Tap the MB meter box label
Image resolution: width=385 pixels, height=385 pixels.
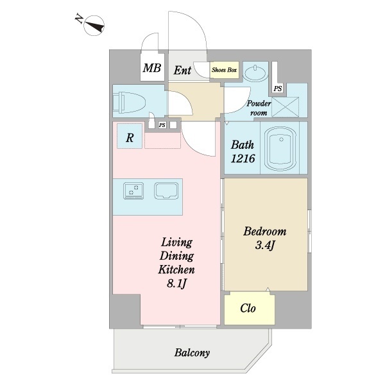coord(152,68)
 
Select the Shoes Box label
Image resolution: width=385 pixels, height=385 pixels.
coord(224,70)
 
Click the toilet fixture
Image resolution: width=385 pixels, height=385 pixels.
coord(130,102)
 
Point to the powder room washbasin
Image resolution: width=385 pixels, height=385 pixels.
coord(255,73)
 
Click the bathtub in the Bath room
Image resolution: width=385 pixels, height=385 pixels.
coord(281,149)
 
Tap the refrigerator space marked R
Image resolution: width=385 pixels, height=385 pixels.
coord(130,136)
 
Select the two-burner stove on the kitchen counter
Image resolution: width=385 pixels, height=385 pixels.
coord(133,191)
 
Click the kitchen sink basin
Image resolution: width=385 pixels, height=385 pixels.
coord(166,191)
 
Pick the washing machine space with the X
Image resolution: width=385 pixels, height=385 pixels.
coord(286,107)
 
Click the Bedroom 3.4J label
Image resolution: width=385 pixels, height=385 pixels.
coord(265,238)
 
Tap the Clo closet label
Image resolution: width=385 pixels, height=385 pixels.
coord(248,308)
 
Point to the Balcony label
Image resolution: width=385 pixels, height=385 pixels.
coord(192,353)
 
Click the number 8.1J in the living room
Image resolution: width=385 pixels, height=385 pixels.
coord(177,284)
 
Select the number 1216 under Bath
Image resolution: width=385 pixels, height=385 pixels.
coord(243,158)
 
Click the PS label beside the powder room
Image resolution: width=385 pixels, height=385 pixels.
coord(278,88)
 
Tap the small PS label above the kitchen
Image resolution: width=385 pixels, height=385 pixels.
coord(162,125)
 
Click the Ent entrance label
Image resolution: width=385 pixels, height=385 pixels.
coord(182,71)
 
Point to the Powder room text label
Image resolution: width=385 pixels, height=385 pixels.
coord(259,108)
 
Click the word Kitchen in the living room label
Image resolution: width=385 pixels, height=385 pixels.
coord(176,269)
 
